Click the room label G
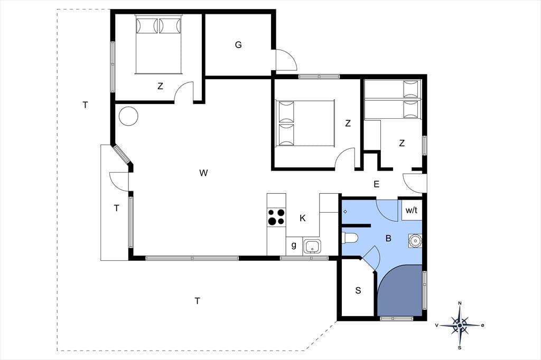tap(238, 45)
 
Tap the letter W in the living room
tap(203, 173)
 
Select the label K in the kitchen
tap(303, 219)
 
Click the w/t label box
tap(411, 210)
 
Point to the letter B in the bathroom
tap(388, 238)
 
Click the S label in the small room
tap(358, 291)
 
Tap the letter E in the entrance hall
tap(376, 184)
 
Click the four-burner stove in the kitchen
tap(276, 217)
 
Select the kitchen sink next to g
tap(312, 247)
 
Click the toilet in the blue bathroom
tap(350, 238)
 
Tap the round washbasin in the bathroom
tap(415, 240)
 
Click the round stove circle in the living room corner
tap(128, 116)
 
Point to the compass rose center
tap(460, 325)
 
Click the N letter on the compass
tap(460, 303)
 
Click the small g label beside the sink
tap(294, 245)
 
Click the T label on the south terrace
tap(198, 301)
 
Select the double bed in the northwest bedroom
tap(158, 44)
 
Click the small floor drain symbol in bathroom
tap(346, 211)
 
